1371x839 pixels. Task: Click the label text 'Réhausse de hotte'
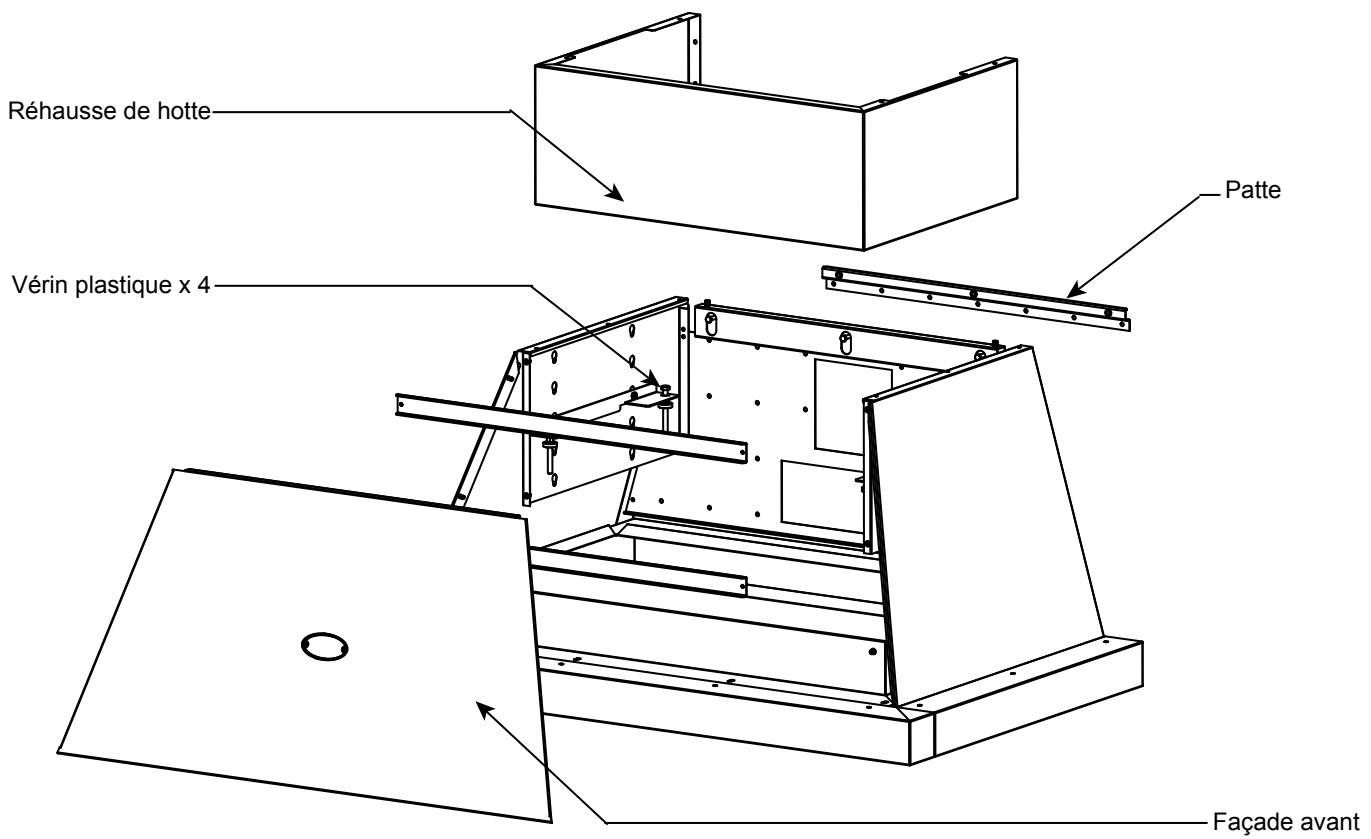point(108,111)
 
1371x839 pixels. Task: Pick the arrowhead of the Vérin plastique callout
point(656,383)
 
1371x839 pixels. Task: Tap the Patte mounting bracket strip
point(975,298)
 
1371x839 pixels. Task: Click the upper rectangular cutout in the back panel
point(840,404)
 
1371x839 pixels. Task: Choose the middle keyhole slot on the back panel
point(846,341)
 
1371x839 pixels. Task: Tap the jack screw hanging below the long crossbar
point(548,456)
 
